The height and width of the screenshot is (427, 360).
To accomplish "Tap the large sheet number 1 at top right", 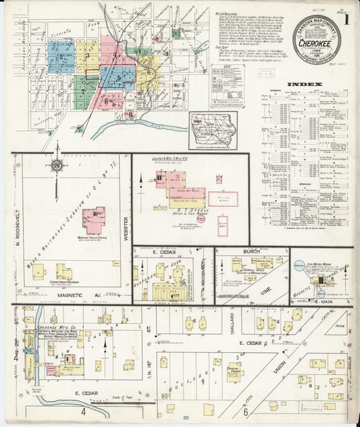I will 346,19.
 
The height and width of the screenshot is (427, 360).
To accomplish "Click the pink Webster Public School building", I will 94,220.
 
